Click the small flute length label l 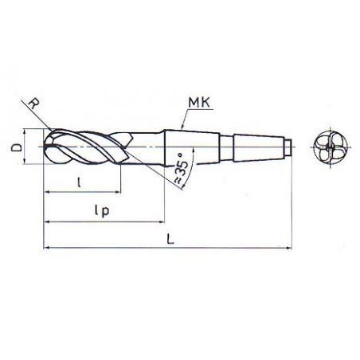pos(79,182)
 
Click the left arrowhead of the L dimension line pos(47,248)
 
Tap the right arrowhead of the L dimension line pos(292,248)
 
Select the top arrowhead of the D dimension pos(27,135)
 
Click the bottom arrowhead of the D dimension pos(27,162)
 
